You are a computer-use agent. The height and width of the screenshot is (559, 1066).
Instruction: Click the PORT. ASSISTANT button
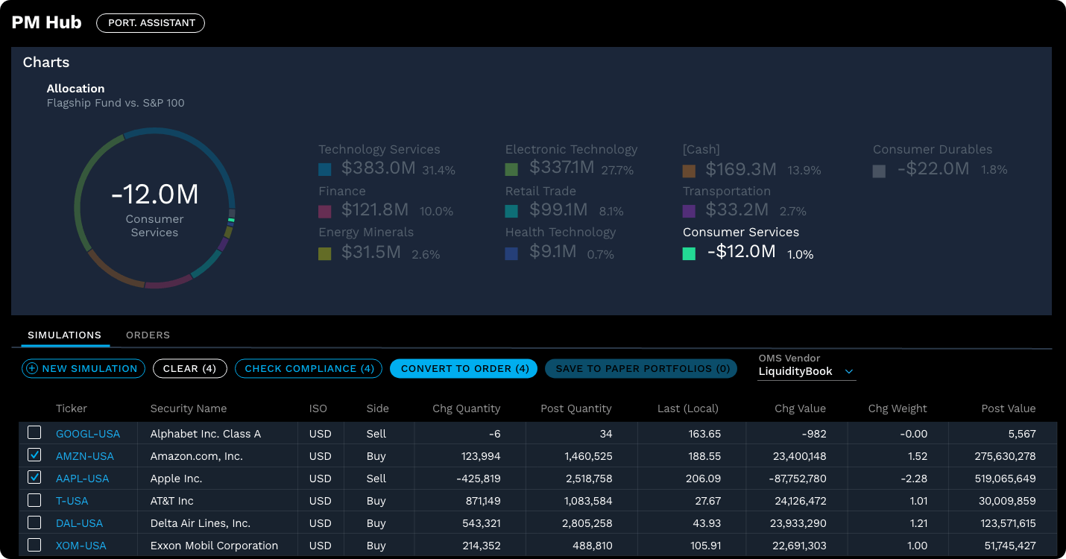click(x=151, y=23)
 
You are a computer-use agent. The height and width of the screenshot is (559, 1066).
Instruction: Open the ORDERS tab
click(x=148, y=335)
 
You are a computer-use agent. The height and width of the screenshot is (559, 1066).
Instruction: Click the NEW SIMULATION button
click(x=83, y=368)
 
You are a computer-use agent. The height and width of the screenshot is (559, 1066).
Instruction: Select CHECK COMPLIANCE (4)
click(x=309, y=368)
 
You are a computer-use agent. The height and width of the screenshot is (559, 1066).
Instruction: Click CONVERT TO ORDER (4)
click(x=464, y=368)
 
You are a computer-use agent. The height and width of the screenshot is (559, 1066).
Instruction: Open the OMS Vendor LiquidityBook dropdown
click(x=805, y=371)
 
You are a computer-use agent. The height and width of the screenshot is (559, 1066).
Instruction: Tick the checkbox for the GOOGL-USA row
click(x=34, y=433)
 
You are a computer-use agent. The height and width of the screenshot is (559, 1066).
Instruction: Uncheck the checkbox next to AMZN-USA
click(x=34, y=455)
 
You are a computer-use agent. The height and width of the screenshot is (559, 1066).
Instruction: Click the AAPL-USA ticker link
click(x=82, y=479)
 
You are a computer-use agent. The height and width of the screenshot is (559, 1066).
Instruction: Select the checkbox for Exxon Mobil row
click(x=34, y=545)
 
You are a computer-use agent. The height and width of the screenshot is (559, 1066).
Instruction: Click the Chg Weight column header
click(x=897, y=408)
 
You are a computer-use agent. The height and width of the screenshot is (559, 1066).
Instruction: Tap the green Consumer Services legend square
click(x=690, y=253)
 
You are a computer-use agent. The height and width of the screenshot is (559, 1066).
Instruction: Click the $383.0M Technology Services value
click(x=378, y=168)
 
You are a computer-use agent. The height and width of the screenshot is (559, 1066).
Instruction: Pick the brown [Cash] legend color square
click(x=690, y=171)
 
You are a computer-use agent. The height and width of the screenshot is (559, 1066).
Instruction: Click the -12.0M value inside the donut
click(x=155, y=195)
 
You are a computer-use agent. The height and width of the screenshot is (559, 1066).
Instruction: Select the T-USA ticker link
click(x=72, y=501)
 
